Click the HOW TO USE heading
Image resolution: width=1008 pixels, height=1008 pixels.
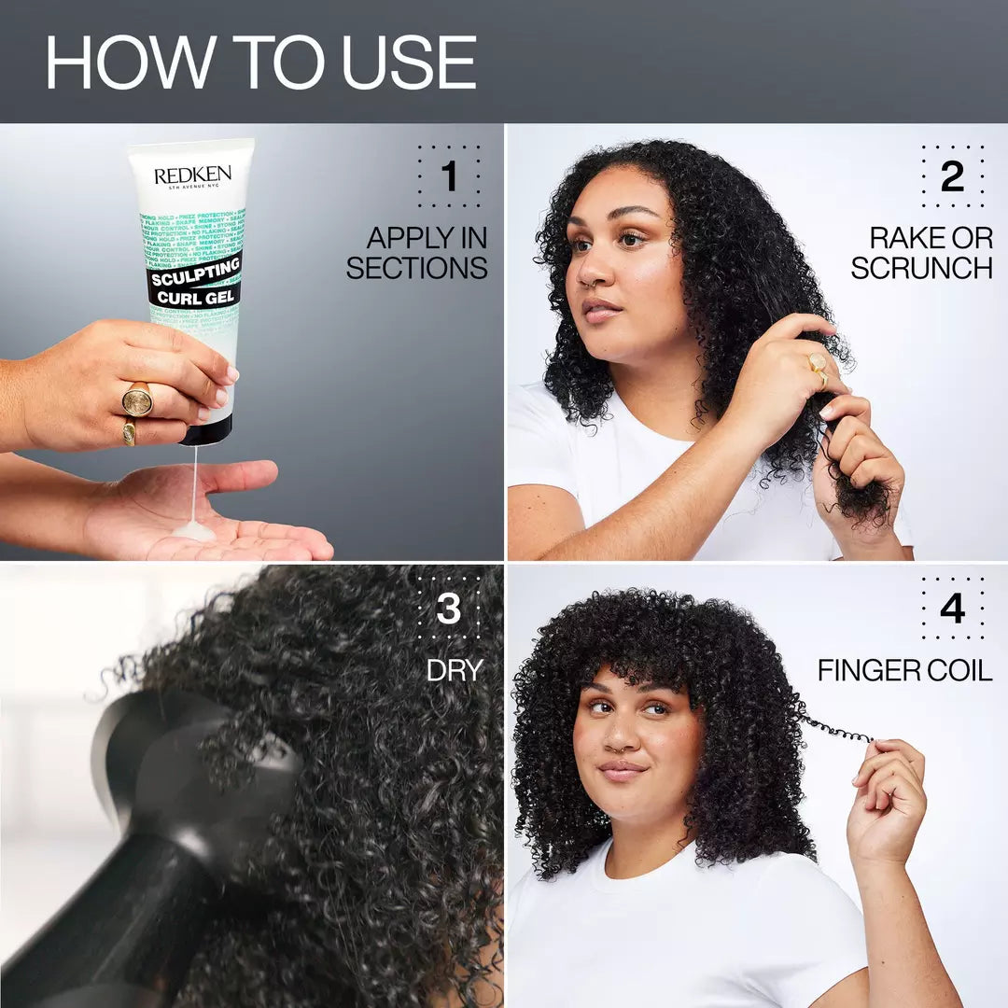click(261, 63)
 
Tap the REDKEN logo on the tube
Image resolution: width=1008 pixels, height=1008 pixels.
click(192, 175)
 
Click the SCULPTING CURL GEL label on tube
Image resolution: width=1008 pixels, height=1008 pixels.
click(194, 280)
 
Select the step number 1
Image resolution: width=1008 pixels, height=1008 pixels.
click(449, 176)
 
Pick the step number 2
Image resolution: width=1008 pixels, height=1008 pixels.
click(952, 176)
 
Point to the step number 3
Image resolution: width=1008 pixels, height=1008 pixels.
click(449, 609)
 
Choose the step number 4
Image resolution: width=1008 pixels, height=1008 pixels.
click(952, 609)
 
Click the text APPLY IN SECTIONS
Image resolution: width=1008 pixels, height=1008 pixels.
click(417, 253)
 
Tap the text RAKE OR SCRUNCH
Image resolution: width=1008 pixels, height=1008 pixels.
click(921, 253)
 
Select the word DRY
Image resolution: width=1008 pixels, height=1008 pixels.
click(455, 670)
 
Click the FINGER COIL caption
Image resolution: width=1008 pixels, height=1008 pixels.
click(904, 670)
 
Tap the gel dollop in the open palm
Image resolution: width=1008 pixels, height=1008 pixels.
click(195, 530)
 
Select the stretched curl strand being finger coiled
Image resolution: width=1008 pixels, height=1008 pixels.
click(835, 728)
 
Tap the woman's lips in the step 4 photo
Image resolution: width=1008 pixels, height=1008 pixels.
click(623, 771)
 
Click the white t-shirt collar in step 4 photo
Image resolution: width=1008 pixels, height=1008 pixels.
click(653, 863)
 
